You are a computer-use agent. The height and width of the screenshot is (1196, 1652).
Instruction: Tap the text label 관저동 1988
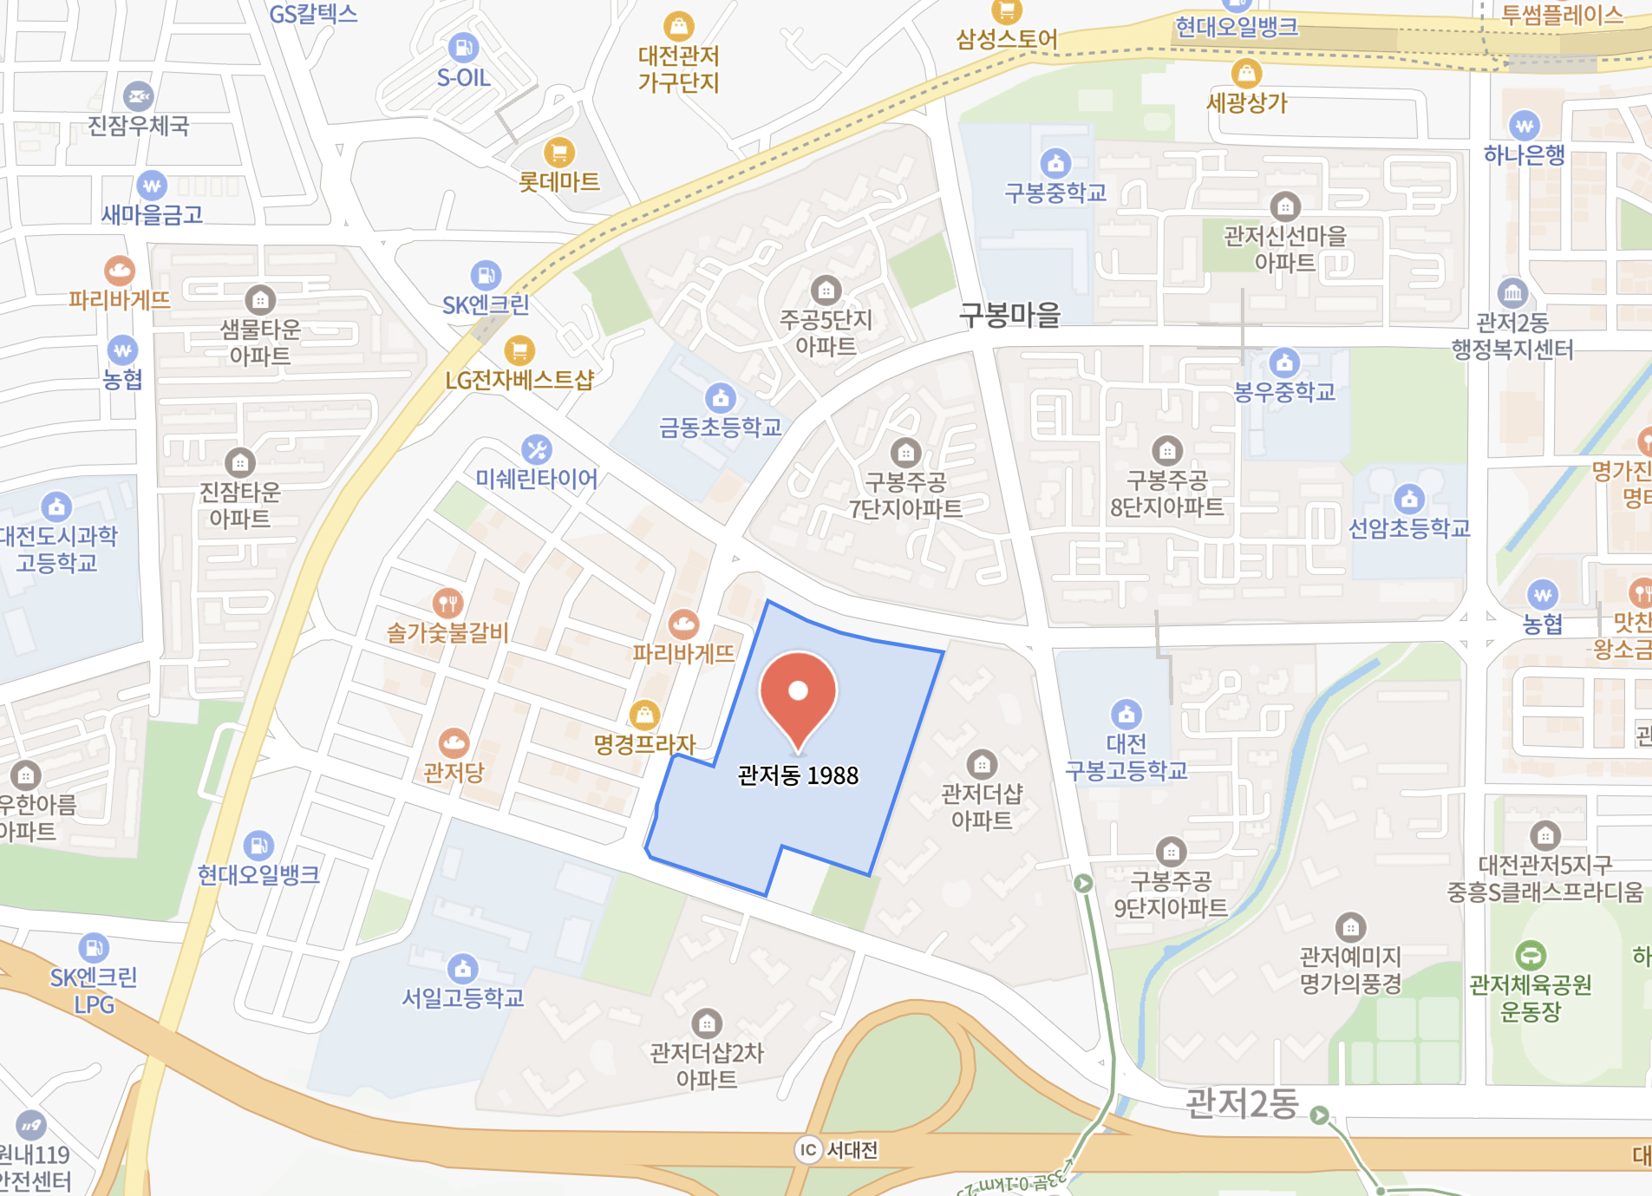798,775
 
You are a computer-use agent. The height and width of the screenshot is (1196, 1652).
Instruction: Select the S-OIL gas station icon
463,47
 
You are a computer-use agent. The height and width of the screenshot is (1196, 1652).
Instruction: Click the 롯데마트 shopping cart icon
559,153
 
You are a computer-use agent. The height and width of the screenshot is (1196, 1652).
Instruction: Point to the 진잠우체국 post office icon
138,96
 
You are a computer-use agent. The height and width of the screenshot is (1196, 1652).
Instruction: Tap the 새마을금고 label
152,214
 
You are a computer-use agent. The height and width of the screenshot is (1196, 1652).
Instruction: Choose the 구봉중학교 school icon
1055,163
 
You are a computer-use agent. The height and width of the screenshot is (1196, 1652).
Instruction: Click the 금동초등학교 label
721,427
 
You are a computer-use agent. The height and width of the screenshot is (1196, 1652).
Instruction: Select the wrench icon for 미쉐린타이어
537,449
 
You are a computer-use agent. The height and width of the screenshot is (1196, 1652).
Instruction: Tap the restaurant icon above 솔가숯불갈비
447,603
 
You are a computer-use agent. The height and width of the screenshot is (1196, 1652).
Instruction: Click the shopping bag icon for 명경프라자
644,715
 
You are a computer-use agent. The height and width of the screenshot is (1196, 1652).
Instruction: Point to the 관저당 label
454,772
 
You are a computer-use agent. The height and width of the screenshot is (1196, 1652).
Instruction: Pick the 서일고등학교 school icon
462,969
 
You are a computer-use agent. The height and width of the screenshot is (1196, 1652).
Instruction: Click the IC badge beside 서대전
808,1150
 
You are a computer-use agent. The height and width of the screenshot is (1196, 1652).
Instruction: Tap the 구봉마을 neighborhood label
1010,314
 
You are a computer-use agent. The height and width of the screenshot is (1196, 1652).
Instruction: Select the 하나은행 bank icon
1525,126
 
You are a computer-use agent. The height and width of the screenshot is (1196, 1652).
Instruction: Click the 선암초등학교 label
1409,528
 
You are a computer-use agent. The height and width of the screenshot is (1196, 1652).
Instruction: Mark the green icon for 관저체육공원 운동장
1531,956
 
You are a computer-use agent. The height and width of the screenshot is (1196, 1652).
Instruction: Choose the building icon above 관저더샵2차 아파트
707,1023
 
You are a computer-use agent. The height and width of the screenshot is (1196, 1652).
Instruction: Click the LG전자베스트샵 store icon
519,350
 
